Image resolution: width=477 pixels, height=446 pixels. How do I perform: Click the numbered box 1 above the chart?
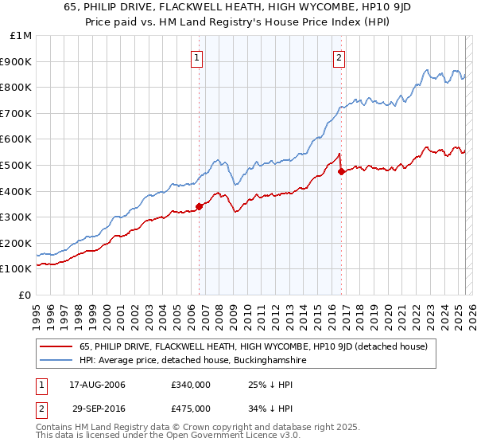[x=196, y=57]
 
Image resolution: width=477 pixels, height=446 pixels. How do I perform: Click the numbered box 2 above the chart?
[x=339, y=57]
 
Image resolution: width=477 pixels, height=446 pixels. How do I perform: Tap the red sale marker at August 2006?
[x=199, y=206]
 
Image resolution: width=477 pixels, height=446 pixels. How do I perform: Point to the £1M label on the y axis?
[x=21, y=35]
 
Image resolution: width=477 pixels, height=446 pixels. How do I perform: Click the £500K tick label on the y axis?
[x=17, y=165]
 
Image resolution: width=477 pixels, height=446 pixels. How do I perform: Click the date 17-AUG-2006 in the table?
[x=97, y=385]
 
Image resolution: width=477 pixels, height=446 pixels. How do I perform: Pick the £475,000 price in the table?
[x=191, y=409]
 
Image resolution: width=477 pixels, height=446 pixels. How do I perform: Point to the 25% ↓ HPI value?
[x=266, y=385]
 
